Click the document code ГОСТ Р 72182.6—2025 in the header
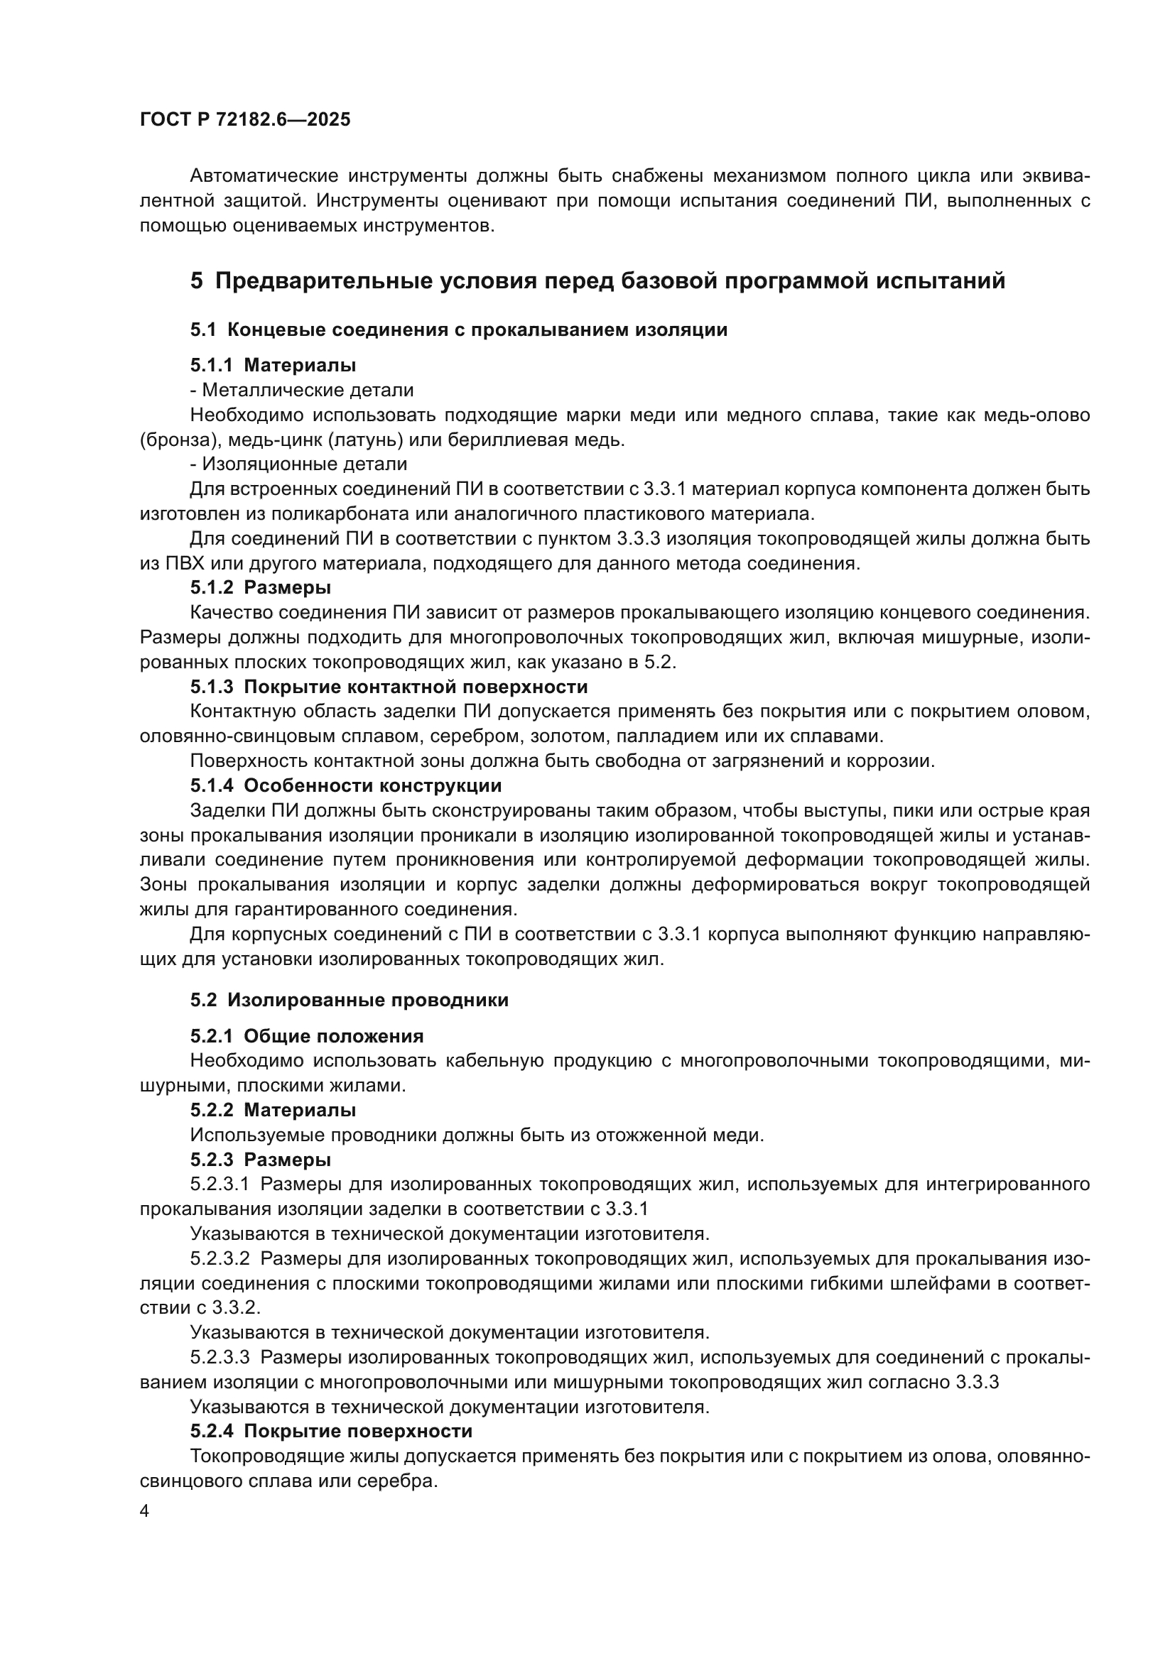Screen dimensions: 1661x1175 pyautogui.click(x=244, y=120)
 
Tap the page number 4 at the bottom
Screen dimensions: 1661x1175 pyautogui.click(x=145, y=1512)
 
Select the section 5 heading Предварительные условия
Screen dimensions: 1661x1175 pyautogui.click(x=597, y=281)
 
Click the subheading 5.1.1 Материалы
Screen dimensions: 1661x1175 pyautogui.click(x=273, y=365)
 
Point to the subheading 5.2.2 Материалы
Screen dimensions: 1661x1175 pyautogui.click(x=273, y=1110)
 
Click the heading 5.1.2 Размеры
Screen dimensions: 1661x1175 pyautogui.click(x=261, y=587)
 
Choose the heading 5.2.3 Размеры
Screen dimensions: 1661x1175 pyautogui.click(x=261, y=1160)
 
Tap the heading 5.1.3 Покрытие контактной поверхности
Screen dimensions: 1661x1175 pyautogui.click(x=389, y=687)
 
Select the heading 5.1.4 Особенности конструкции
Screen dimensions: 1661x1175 pyautogui.click(x=346, y=785)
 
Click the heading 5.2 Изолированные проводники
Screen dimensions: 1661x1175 pyautogui.click(x=350, y=1000)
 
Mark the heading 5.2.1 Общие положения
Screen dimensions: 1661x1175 pyautogui.click(x=307, y=1036)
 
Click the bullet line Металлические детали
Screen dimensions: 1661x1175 pyautogui.click(x=302, y=391)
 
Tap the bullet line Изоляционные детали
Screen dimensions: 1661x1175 pyautogui.click(x=299, y=464)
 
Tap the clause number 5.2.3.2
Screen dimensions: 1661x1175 pyautogui.click(x=220, y=1259)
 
